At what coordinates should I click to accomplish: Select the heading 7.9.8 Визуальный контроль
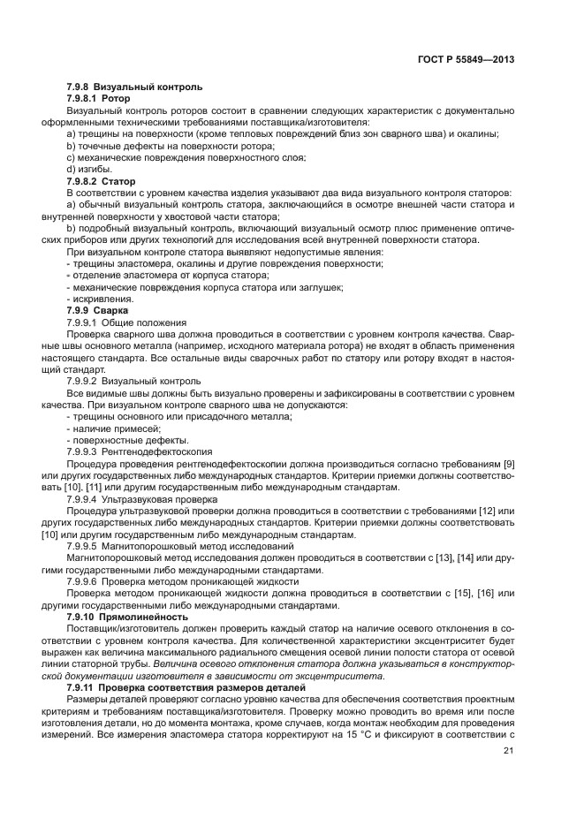tap(134, 87)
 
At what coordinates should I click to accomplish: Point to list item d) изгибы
tap(88, 168)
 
